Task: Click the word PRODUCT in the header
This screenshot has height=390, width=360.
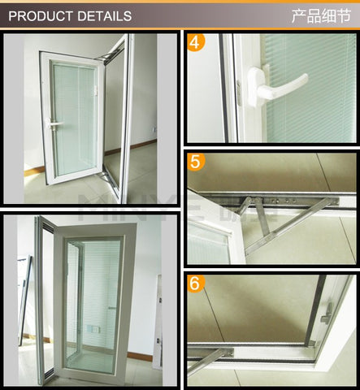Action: [41, 15]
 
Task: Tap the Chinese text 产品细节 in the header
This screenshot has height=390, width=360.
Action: [323, 15]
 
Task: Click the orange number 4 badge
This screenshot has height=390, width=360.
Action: [196, 43]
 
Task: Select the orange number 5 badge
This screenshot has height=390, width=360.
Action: [196, 161]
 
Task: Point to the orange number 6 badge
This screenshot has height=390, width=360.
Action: [196, 285]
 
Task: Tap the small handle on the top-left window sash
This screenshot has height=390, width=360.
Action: [54, 123]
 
